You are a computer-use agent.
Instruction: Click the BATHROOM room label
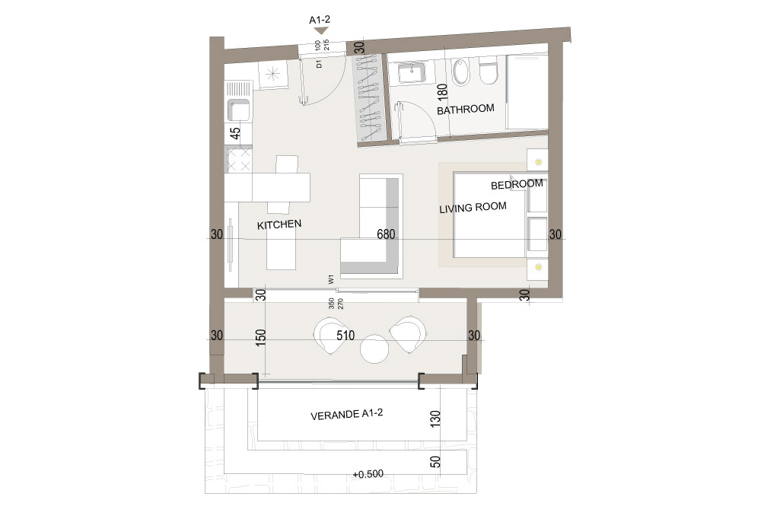tap(466, 109)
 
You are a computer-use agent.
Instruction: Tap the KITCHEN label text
tap(279, 224)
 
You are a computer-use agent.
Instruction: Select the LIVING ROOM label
tap(473, 208)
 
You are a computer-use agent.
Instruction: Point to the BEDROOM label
tap(517, 184)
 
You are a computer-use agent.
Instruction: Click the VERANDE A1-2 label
tap(346, 414)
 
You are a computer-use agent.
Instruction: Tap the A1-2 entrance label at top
tap(320, 20)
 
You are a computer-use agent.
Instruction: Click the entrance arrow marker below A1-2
tap(321, 31)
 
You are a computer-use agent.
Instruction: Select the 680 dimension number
tap(386, 234)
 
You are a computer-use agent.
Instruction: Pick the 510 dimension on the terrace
tap(345, 336)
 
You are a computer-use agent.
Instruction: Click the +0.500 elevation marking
tap(368, 474)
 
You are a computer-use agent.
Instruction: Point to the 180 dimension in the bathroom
tap(441, 91)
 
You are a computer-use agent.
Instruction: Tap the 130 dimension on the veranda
tap(435, 419)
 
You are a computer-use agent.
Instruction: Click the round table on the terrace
tap(374, 349)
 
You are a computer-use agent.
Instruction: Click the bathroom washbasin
tap(412, 74)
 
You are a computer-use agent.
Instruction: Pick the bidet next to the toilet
tap(461, 72)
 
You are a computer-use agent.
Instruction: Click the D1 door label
tap(319, 64)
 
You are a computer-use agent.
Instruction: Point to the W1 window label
tap(331, 279)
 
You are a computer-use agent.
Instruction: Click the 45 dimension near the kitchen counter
tap(235, 133)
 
